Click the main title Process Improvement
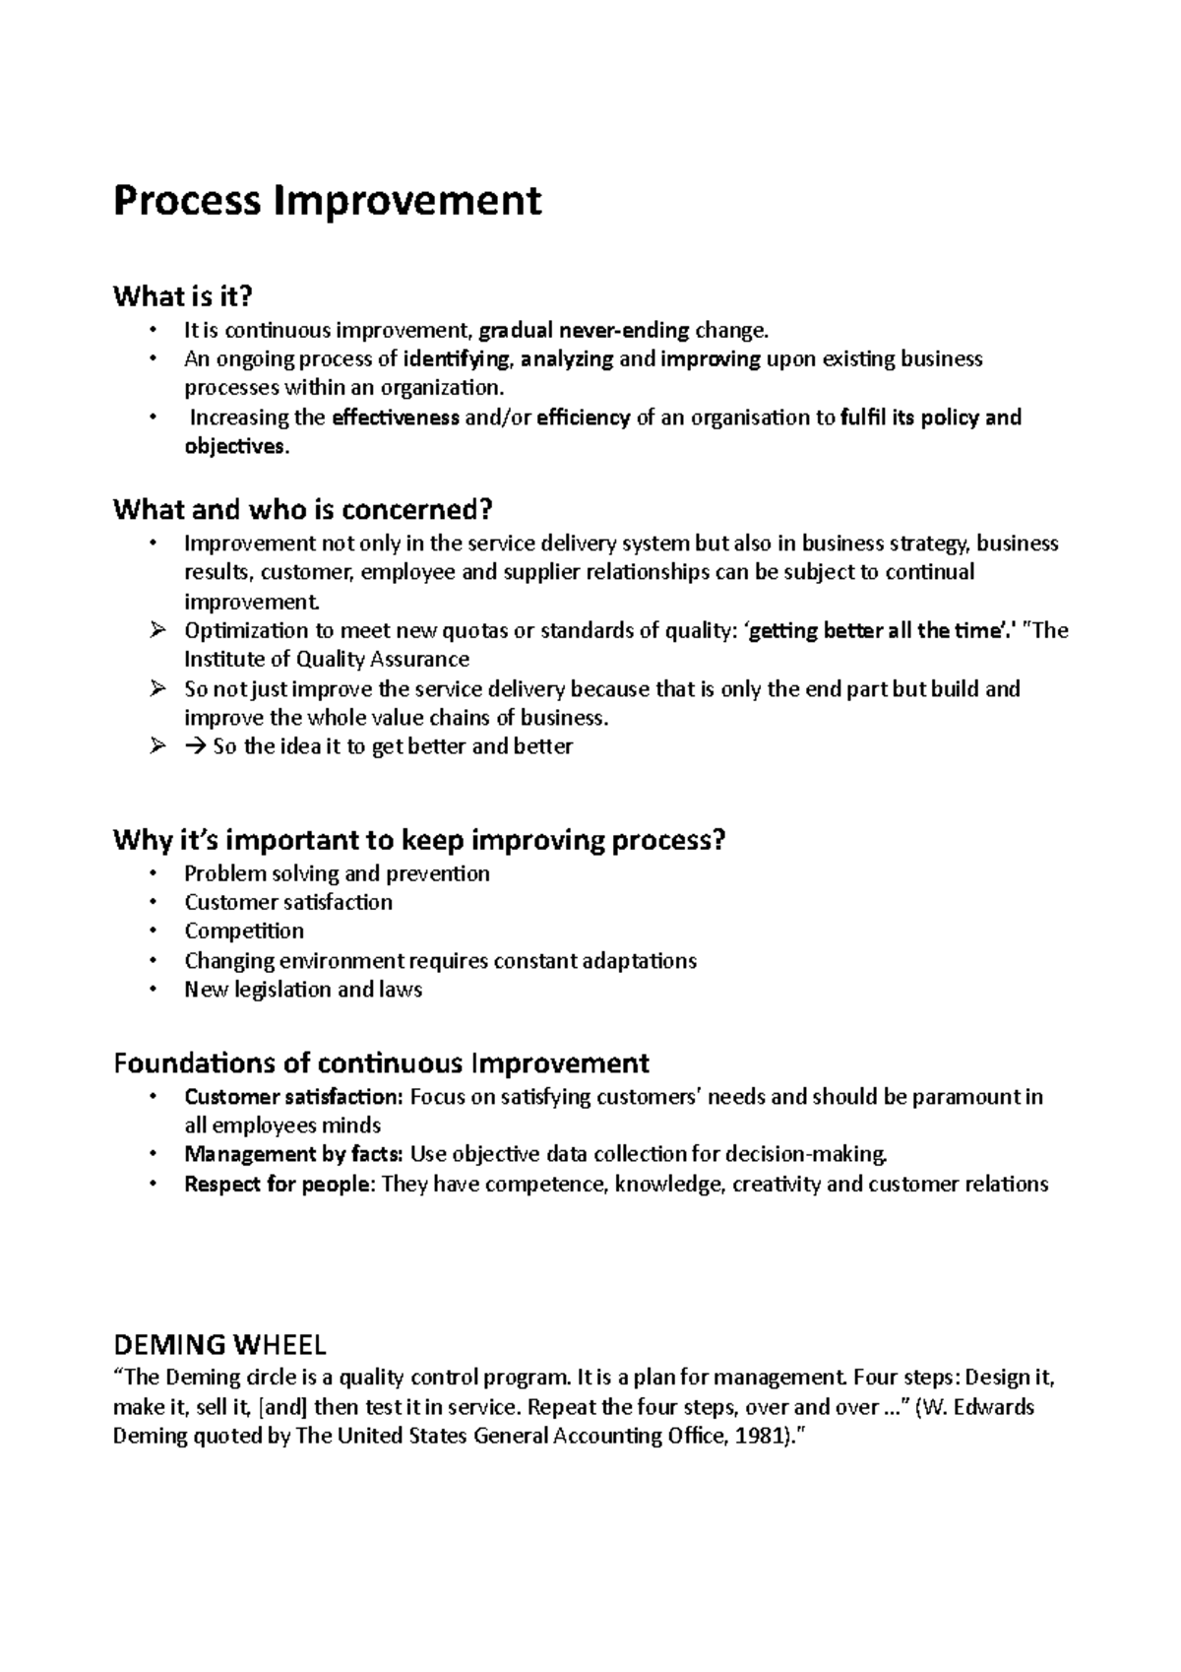coord(327,201)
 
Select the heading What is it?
coord(183,295)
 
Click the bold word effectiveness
coord(396,418)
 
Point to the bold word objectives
coord(235,447)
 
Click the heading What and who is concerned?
coord(301,510)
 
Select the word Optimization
coord(246,631)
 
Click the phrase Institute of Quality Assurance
coord(327,660)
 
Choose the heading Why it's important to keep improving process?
coord(419,841)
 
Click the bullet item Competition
coord(244,932)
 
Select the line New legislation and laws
coord(303,990)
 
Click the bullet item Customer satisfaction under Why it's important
coord(288,903)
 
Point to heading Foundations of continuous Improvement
coord(381,1063)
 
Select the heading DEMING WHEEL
coord(219,1344)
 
